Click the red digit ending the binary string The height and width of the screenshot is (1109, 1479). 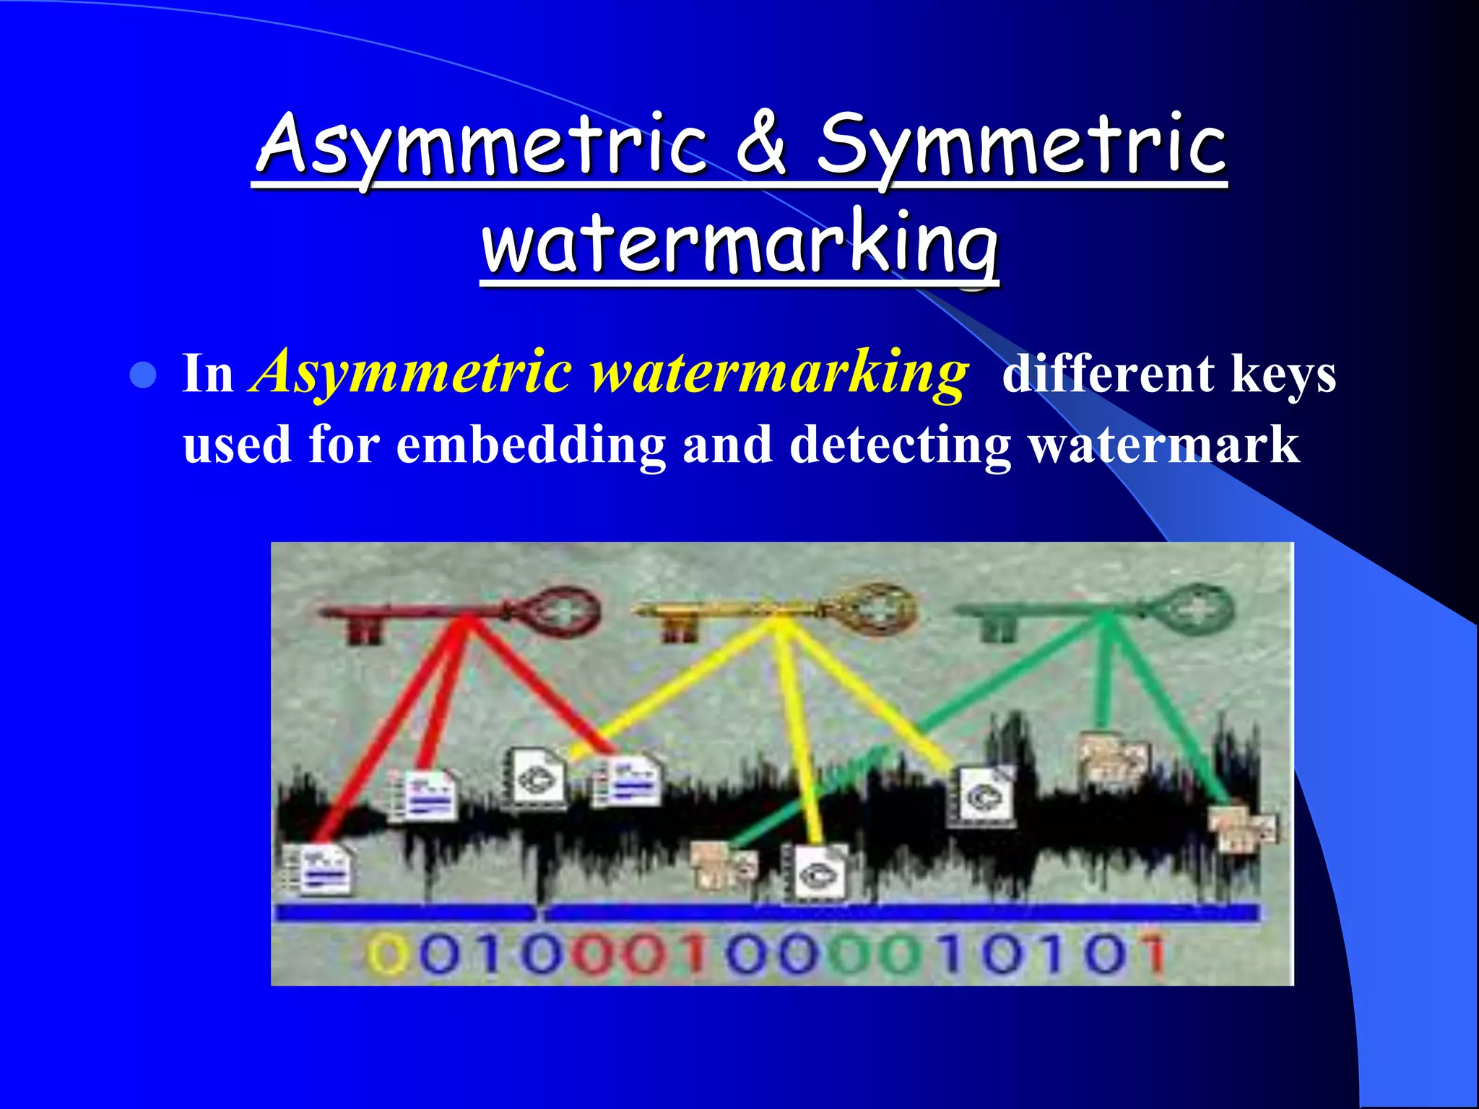[1154, 953]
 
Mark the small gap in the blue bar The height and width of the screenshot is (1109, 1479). [539, 914]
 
